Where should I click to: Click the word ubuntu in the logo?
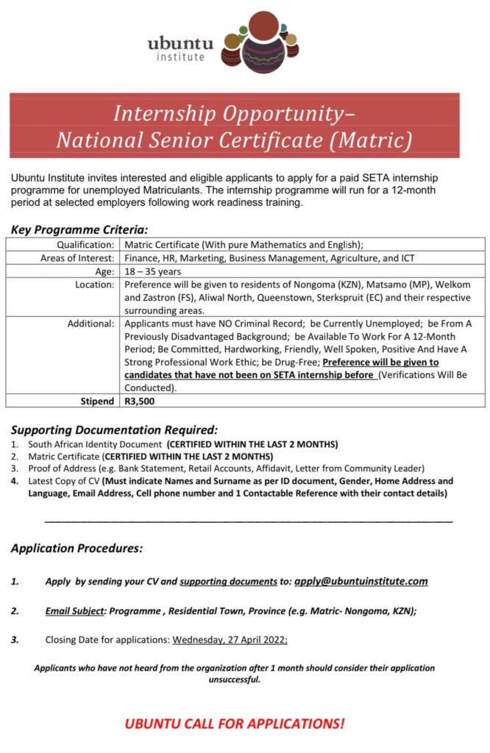coord(175,43)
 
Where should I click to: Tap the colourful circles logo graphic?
coord(261,45)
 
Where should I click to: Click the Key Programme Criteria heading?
coord(80,229)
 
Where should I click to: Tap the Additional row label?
coord(91,323)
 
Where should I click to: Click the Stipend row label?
coord(97,402)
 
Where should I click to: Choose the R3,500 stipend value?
coord(139,402)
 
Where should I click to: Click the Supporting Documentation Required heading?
coord(114,429)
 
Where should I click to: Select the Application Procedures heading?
coord(77,548)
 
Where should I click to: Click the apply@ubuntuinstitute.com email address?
coord(361,581)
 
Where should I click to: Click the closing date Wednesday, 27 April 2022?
coord(230,640)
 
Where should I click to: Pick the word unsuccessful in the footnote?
coord(234,679)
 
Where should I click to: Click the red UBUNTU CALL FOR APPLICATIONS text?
coord(234,723)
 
